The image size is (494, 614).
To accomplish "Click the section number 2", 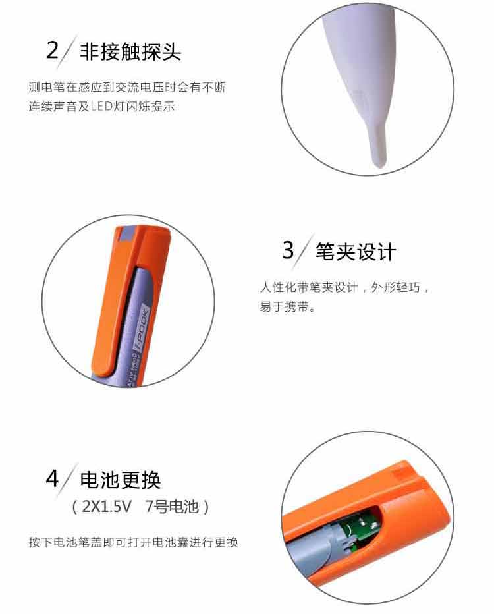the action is pos(53,50).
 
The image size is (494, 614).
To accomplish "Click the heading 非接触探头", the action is pos(130,51).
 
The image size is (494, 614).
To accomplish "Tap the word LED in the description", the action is pos(102,106).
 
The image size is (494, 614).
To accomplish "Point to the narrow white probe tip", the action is pos(377,144).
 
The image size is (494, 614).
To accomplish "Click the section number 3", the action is pos(288,250).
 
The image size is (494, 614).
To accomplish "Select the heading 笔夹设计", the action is pos(356,252).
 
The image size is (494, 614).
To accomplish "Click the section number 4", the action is pos(52,478).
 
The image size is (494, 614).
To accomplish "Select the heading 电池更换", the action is pos(120,480).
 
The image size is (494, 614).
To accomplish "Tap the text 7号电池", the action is pos(172,507).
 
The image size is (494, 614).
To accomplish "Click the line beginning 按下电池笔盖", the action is pos(134,542).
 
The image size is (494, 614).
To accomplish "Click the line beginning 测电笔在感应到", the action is pos(127,87).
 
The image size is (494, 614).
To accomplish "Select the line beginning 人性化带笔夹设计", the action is pos(344,287).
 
